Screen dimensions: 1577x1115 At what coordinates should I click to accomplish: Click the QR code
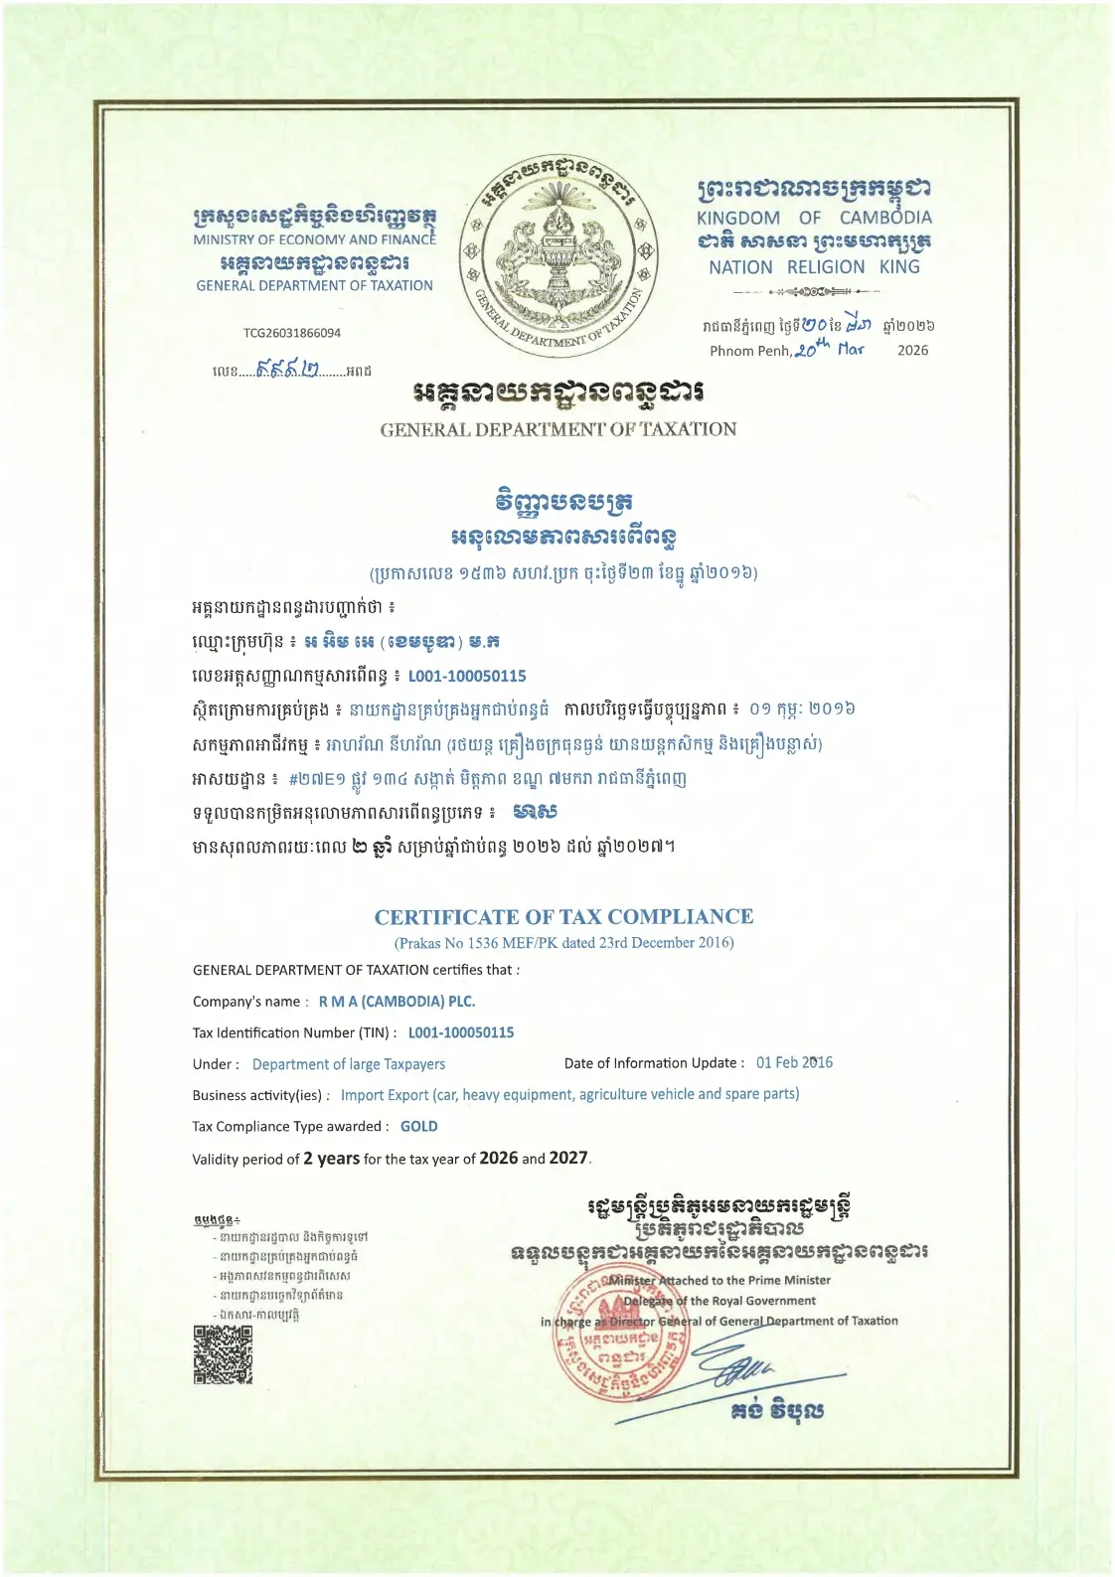pyautogui.click(x=223, y=1354)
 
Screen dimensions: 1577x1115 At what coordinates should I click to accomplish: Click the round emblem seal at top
pyautogui.click(x=557, y=256)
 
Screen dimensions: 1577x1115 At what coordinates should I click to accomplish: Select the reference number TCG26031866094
pyautogui.click(x=292, y=333)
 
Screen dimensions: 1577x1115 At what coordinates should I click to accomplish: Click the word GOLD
pyautogui.click(x=418, y=1126)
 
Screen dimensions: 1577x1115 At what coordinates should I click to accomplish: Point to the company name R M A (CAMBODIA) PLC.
pyautogui.click(x=397, y=1001)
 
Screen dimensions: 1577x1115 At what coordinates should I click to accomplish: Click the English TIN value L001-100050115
pyautogui.click(x=461, y=1032)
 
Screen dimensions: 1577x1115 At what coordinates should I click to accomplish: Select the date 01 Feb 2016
pyautogui.click(x=794, y=1062)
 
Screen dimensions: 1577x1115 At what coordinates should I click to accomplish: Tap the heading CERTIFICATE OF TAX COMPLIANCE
pyautogui.click(x=563, y=916)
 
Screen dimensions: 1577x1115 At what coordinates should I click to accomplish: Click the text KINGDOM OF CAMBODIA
pyautogui.click(x=814, y=218)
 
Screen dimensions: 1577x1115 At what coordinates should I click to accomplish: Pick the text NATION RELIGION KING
pyautogui.click(x=814, y=267)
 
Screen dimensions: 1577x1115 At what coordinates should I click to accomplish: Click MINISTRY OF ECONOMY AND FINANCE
pyautogui.click(x=314, y=239)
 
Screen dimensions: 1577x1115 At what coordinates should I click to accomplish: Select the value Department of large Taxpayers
pyautogui.click(x=349, y=1064)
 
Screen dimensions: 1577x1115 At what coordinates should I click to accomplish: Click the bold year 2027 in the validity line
pyautogui.click(x=568, y=1158)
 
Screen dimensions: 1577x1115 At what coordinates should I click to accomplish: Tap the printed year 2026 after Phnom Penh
pyautogui.click(x=912, y=350)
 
